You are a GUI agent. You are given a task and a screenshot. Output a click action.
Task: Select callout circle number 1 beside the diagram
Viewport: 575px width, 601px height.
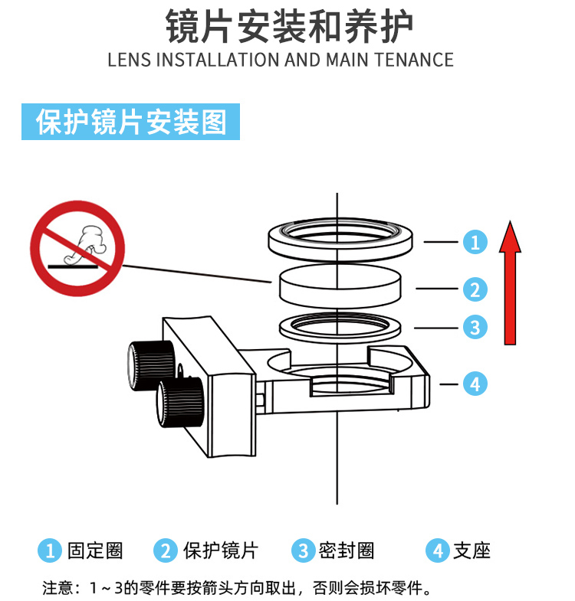[x=475, y=242]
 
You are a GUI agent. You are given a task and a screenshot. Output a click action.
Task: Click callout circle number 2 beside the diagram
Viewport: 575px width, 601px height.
[x=475, y=289]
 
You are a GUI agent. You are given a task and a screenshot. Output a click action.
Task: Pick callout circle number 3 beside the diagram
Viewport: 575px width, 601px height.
[x=475, y=328]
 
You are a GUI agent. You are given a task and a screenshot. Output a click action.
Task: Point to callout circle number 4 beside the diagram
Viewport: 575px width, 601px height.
[x=475, y=383]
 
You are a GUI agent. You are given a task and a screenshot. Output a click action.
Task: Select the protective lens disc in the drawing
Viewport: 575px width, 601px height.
[x=340, y=285]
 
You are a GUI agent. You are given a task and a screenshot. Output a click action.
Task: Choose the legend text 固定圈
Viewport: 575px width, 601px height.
[x=95, y=550]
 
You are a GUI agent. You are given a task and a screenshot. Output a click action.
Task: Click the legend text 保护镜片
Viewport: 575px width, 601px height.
[x=220, y=550]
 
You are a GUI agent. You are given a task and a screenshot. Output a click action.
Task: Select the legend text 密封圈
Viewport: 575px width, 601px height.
[x=347, y=550]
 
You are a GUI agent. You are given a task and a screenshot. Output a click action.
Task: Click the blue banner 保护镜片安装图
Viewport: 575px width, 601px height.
[x=132, y=122]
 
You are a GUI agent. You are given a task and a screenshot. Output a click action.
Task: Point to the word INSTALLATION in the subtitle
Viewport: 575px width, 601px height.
[x=219, y=60]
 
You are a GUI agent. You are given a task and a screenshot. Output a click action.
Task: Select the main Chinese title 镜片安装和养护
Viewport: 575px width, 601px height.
[x=289, y=26]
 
